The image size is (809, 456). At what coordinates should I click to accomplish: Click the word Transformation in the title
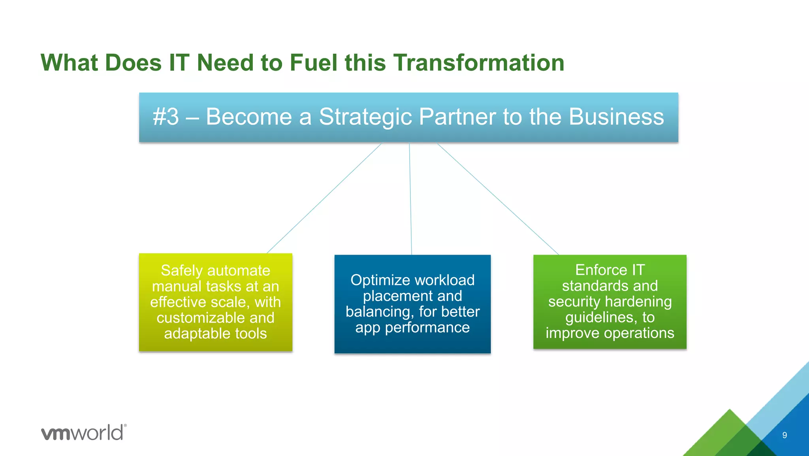tap(478, 63)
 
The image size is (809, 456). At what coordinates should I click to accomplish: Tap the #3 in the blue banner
tap(166, 117)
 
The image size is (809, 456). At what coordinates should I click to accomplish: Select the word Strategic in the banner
tap(365, 117)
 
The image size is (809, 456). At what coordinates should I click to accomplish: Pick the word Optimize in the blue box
tap(370, 280)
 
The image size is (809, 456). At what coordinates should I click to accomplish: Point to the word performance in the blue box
tap(427, 328)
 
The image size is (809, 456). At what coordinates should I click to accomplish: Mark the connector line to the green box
tap(498, 199)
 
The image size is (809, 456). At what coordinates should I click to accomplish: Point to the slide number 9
tap(785, 435)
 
